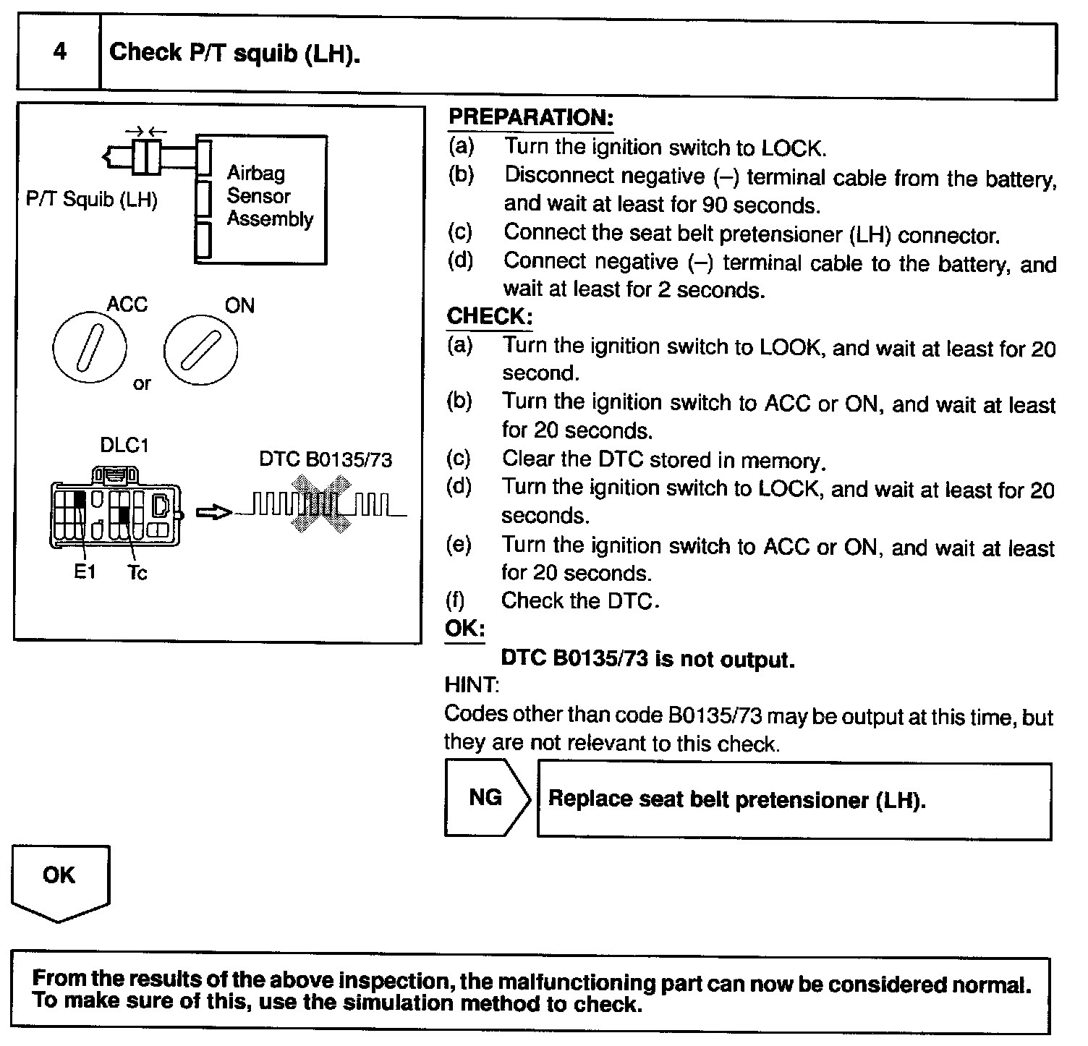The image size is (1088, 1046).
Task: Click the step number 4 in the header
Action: click(x=59, y=52)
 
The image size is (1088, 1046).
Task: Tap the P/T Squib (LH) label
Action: click(x=91, y=200)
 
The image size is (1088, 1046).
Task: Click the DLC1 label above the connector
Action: click(x=124, y=446)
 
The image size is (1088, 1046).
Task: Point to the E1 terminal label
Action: click(x=85, y=572)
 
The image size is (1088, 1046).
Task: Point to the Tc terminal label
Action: click(x=137, y=573)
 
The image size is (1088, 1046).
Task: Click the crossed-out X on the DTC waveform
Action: click(x=318, y=506)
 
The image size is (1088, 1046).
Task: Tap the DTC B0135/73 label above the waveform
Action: click(x=326, y=460)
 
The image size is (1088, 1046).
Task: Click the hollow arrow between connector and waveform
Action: click(x=213, y=512)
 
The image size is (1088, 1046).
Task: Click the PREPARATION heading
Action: click(x=530, y=118)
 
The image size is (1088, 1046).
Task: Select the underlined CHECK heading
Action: click(x=489, y=317)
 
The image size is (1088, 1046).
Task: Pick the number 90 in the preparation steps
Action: click(x=713, y=205)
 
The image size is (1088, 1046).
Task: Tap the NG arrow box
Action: click(x=486, y=797)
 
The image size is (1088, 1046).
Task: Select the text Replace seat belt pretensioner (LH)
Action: click(x=736, y=800)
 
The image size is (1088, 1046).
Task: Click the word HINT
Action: click(x=471, y=685)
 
